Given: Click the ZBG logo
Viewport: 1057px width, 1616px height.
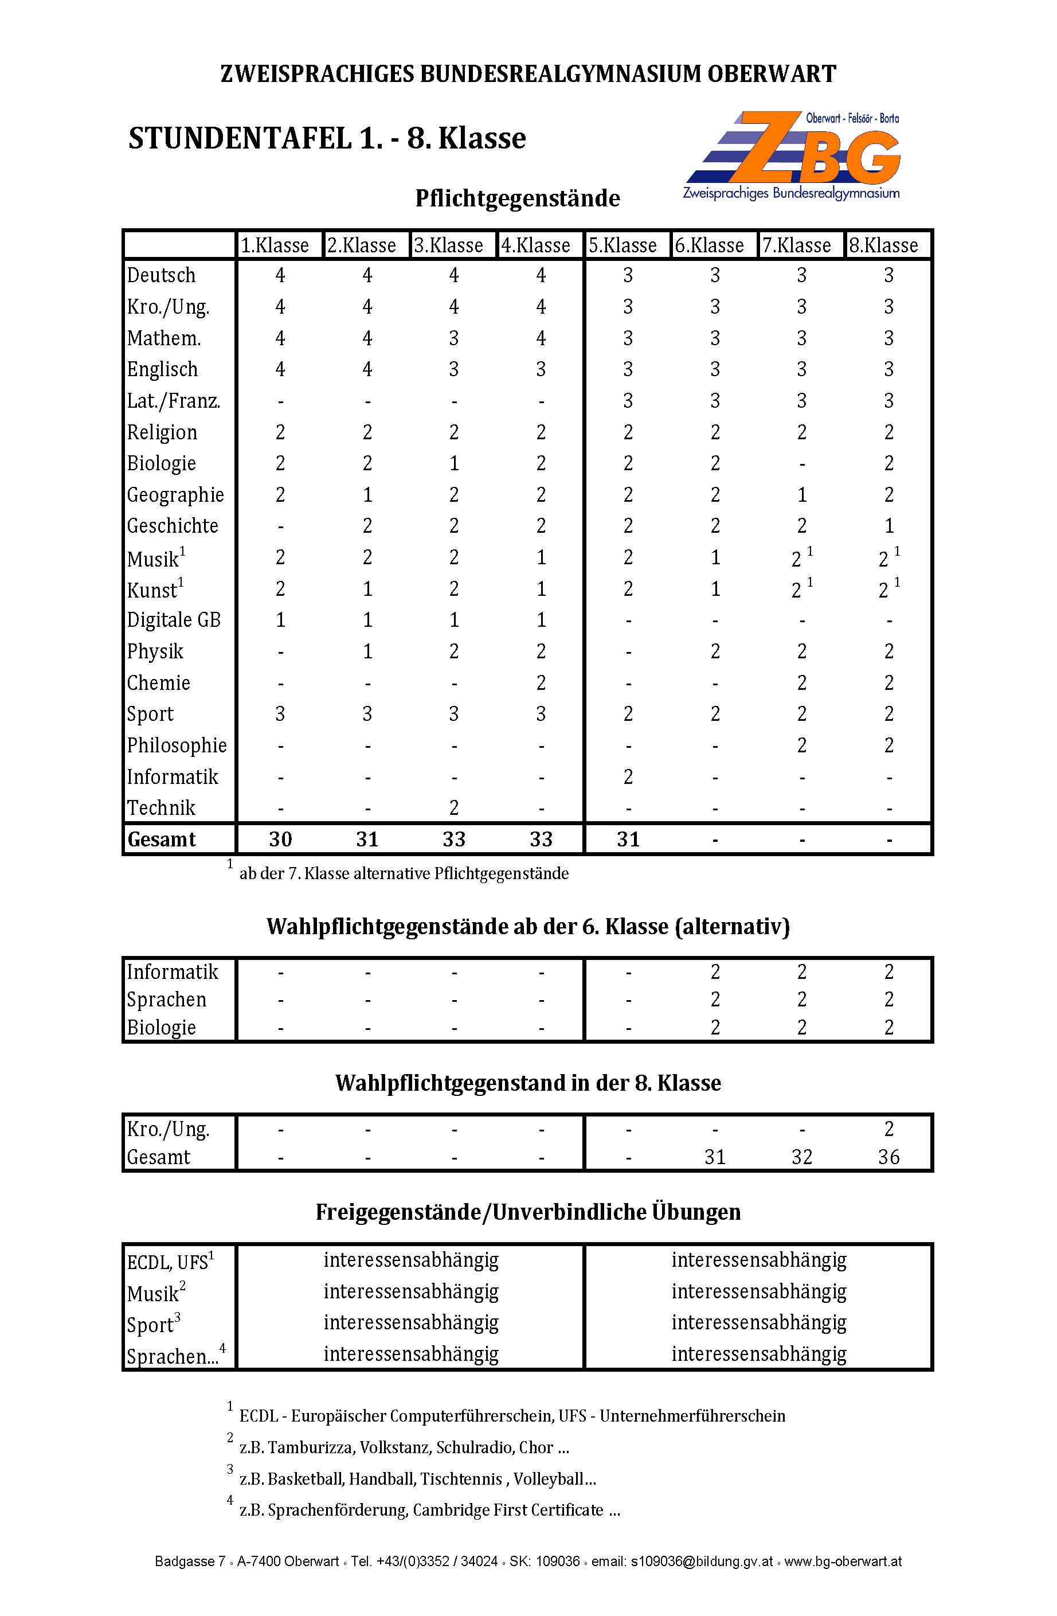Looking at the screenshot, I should coord(792,155).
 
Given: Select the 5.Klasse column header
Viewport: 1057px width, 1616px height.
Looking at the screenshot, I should coord(623,245).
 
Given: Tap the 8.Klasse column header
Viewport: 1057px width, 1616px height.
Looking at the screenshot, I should coord(883,245).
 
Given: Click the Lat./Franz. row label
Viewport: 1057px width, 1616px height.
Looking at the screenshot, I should coord(174,401).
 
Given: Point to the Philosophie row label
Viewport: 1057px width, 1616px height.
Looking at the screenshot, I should coord(177,745).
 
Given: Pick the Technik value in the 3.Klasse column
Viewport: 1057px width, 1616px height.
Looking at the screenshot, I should coord(453,807).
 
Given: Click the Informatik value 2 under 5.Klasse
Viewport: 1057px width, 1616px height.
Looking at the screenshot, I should coord(628,776).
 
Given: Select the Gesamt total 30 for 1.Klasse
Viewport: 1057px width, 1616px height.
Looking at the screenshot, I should coord(280,839).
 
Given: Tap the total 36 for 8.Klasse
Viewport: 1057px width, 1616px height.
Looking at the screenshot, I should coord(888,1156).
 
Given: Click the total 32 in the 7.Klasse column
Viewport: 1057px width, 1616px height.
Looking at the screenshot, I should coord(802,1156).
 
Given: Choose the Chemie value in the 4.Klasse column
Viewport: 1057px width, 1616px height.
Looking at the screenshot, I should coord(541,682).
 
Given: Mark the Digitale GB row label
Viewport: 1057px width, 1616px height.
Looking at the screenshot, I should coord(174,620).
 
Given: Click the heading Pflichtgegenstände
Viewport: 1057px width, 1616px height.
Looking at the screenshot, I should coord(517,198).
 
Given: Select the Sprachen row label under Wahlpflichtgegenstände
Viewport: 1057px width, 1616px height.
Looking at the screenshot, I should coord(166,1000).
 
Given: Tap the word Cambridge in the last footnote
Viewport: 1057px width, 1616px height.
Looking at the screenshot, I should coord(453,1509).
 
